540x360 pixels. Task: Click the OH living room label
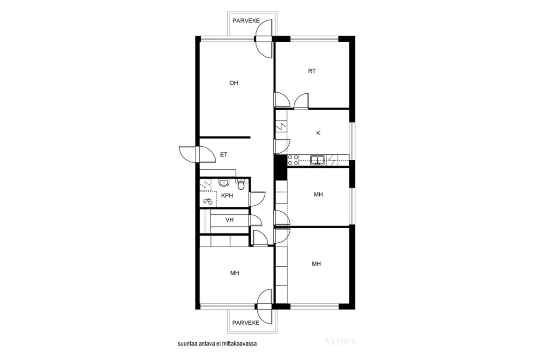tap(234, 82)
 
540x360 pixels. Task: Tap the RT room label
tap(312, 71)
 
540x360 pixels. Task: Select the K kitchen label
tap(318, 133)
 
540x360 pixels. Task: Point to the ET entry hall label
tap(224, 155)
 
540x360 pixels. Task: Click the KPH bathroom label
tap(227, 195)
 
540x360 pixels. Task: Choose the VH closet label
tap(230, 220)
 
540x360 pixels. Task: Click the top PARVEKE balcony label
tap(246, 21)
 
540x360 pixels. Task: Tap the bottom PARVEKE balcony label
tap(246, 323)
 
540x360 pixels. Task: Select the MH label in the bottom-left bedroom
tap(235, 273)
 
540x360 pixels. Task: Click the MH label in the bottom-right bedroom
tap(316, 264)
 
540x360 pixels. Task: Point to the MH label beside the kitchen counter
tap(319, 195)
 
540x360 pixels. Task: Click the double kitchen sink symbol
tap(317, 160)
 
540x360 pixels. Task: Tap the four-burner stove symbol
tap(293, 160)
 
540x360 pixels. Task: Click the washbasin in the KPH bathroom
tap(224, 182)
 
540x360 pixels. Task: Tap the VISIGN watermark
tap(341, 341)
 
